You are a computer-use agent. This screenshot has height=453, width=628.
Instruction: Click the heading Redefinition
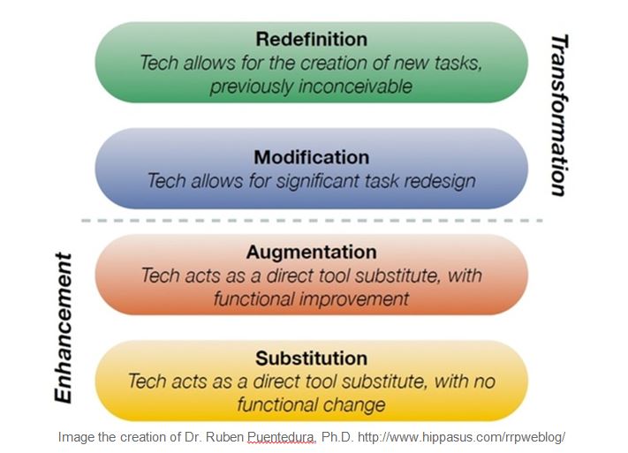click(311, 39)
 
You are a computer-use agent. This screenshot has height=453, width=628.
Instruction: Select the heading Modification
click(311, 157)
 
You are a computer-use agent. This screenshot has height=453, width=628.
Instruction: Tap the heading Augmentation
click(311, 252)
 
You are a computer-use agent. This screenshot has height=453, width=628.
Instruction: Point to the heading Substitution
click(311, 359)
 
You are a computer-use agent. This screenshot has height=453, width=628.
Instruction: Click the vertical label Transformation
click(559, 116)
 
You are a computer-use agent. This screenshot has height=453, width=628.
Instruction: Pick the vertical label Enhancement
click(64, 328)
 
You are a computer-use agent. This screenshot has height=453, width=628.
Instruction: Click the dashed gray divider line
click(312, 221)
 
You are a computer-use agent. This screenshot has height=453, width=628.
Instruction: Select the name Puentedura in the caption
click(281, 436)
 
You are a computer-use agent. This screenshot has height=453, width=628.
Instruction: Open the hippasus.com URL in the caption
click(461, 436)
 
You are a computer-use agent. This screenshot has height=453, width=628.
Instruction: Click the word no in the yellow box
click(484, 381)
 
